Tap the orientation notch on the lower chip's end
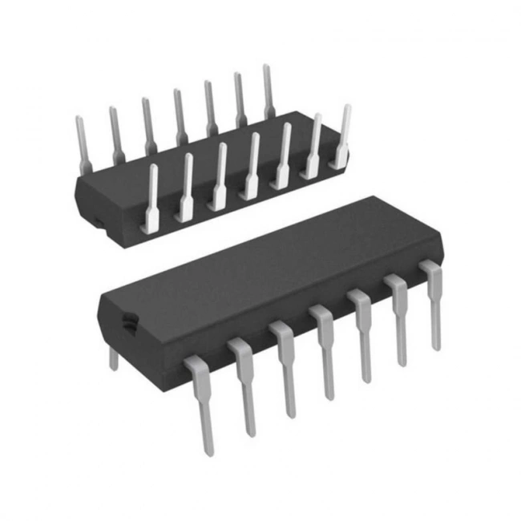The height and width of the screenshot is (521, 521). [x=127, y=324]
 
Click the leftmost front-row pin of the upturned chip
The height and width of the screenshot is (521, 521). [x=151, y=200]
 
